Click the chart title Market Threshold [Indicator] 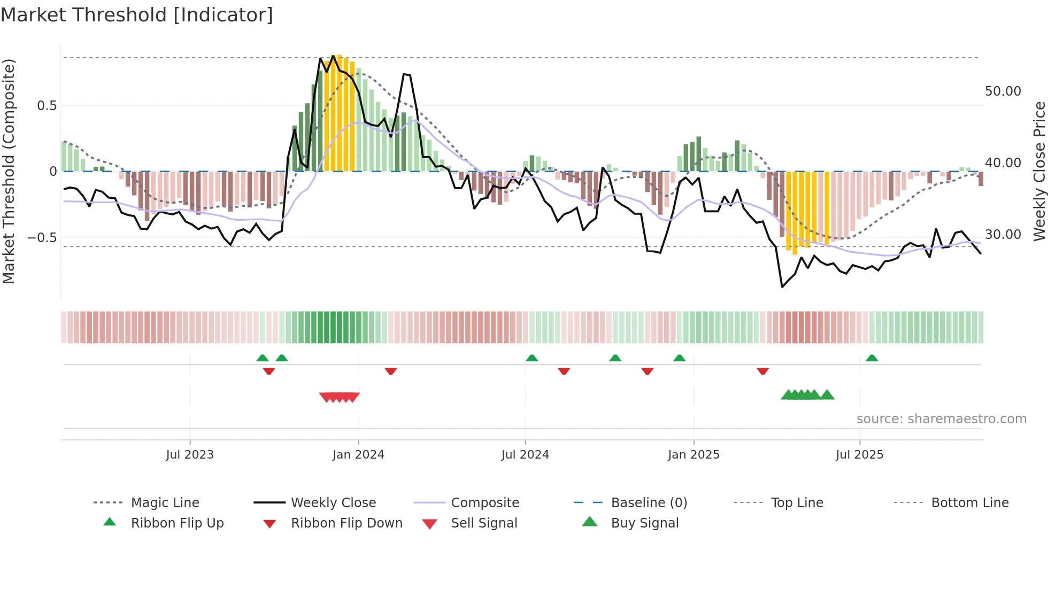click(137, 15)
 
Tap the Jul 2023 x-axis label click(189, 455)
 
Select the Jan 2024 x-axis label click(358, 455)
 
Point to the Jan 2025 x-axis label click(693, 455)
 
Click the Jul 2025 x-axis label click(859, 455)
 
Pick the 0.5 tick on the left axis click(47, 106)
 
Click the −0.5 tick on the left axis click(42, 237)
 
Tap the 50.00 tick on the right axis click(1003, 91)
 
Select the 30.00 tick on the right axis click(1003, 235)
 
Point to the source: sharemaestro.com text click(941, 419)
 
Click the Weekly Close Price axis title click(1039, 171)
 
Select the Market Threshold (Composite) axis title click(9, 171)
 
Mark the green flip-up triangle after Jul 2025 click(872, 358)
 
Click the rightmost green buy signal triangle click(827, 395)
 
